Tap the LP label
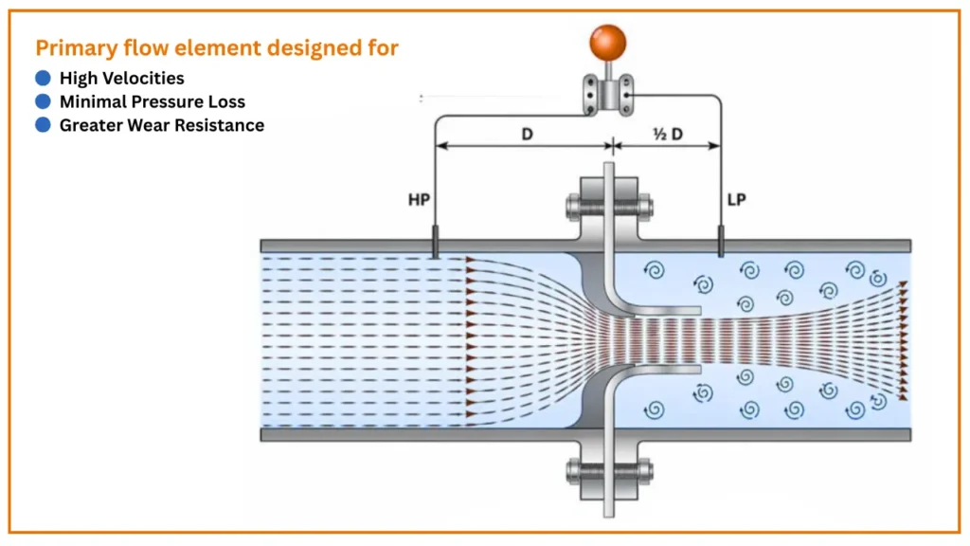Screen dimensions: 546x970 tap(737, 201)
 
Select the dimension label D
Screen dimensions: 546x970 tap(528, 134)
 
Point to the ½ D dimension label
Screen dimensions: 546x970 tap(668, 134)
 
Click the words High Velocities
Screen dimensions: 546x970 tap(121, 78)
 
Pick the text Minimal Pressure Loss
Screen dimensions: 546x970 tap(152, 101)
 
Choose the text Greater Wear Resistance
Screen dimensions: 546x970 tap(162, 125)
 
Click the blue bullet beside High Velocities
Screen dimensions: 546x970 tap(43, 78)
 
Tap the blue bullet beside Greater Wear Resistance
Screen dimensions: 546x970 tap(43, 125)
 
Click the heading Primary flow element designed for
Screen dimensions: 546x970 tap(217, 47)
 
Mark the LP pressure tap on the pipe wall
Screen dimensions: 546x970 tap(721, 241)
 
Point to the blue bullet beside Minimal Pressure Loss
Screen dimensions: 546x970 tap(43, 101)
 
